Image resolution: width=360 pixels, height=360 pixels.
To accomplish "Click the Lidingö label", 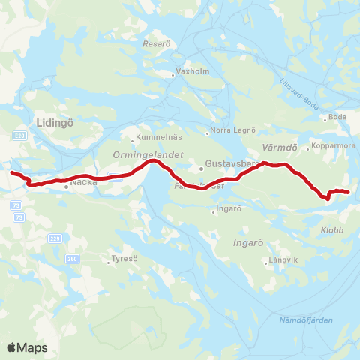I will click(51, 121).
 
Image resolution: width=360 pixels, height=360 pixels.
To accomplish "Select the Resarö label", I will click(157, 44).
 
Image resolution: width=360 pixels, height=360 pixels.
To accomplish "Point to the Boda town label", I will click(337, 118).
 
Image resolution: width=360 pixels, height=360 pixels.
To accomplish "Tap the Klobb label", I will click(331, 230).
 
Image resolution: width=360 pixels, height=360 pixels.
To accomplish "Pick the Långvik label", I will click(283, 262).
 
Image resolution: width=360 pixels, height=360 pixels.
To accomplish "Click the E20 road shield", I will click(19, 135).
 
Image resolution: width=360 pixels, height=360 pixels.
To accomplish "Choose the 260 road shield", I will click(72, 259).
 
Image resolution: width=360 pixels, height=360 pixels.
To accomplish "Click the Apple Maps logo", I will click(27, 347).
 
